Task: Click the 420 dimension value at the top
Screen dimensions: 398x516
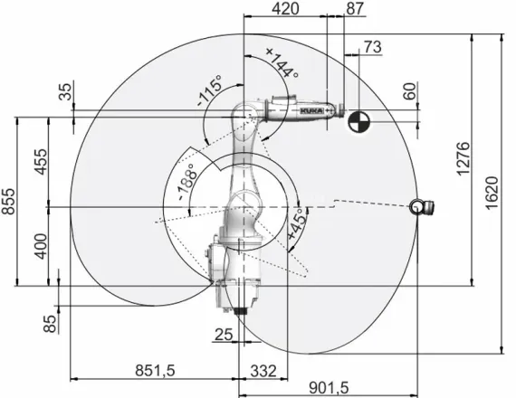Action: click(x=286, y=9)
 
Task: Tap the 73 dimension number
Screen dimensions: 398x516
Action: click(x=371, y=46)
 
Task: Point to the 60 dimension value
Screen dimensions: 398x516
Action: click(x=408, y=91)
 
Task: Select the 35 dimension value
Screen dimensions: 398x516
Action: click(x=64, y=92)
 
